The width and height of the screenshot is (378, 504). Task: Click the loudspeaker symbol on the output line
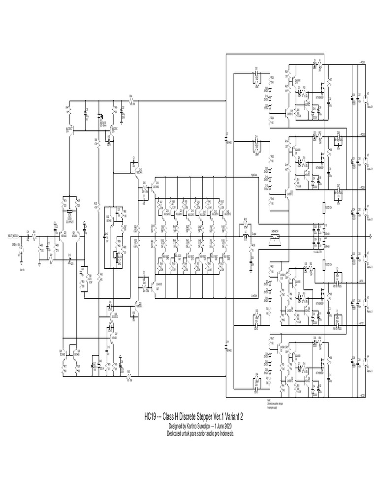274,237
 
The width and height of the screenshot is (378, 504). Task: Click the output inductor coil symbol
245,237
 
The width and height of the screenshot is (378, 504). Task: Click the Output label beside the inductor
254,234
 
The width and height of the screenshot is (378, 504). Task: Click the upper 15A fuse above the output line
325,209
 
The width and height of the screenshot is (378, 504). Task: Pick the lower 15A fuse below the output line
325,265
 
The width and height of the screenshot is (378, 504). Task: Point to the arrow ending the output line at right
370,237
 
